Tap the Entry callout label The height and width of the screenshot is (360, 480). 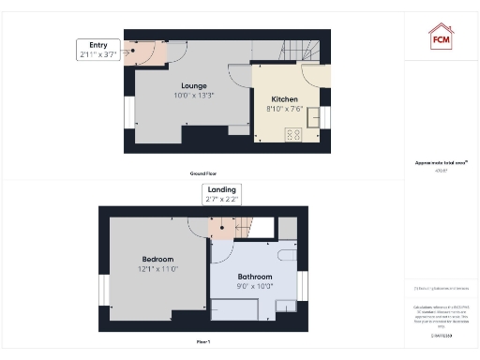(x=98, y=50)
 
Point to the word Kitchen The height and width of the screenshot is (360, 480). (x=284, y=98)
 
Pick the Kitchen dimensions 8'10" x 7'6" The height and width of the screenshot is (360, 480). (x=284, y=109)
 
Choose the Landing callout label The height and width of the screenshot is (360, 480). (x=221, y=195)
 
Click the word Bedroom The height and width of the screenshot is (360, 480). (x=157, y=259)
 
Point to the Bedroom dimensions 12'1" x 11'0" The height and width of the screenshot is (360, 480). (x=157, y=269)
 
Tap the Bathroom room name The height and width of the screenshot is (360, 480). (x=254, y=277)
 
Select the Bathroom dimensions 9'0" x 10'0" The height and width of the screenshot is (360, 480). (x=254, y=287)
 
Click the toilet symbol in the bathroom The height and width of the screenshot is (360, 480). (x=286, y=256)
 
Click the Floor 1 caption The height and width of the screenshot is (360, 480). (x=203, y=342)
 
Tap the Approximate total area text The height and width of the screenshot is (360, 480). (x=441, y=163)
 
